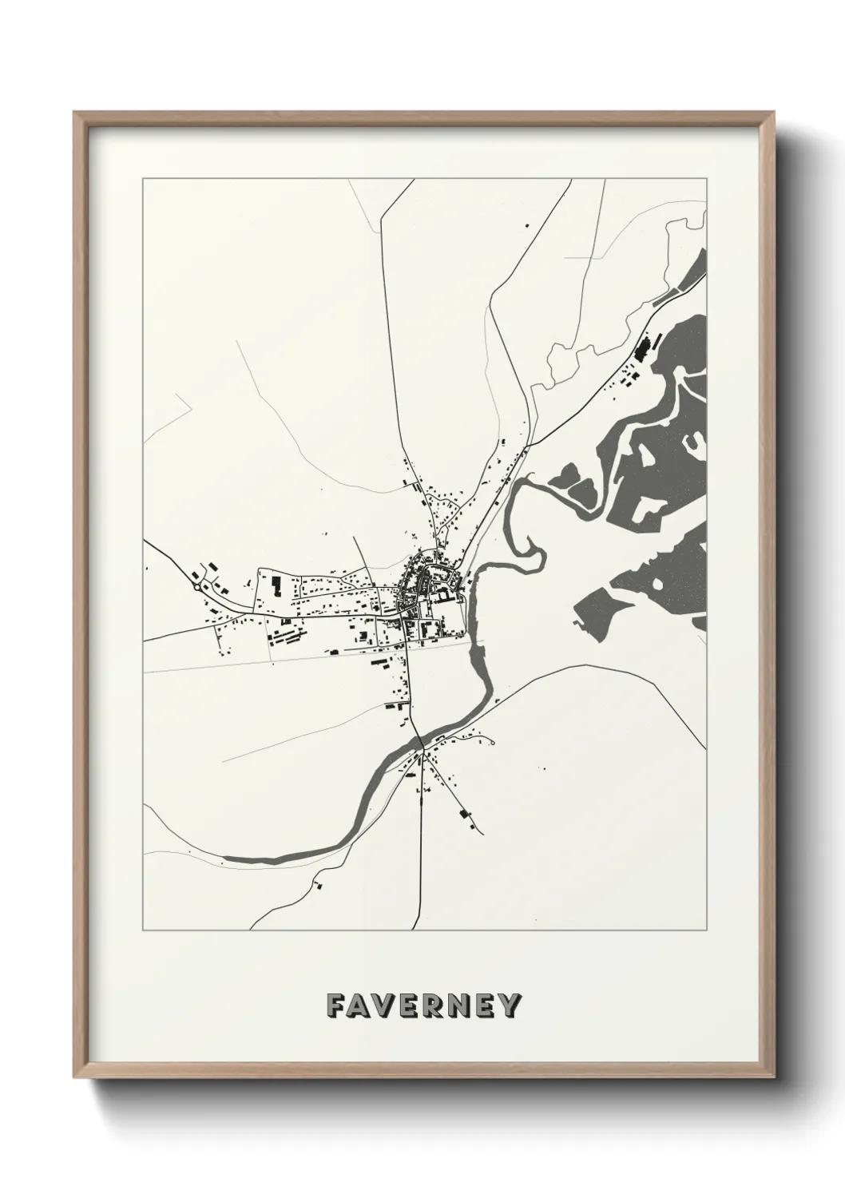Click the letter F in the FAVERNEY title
[x=335, y=1005]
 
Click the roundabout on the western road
[x=197, y=587]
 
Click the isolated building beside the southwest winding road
[x=319, y=884]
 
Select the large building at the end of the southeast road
[x=464, y=815]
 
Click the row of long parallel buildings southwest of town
[x=288, y=639]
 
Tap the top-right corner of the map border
[x=707, y=179]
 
